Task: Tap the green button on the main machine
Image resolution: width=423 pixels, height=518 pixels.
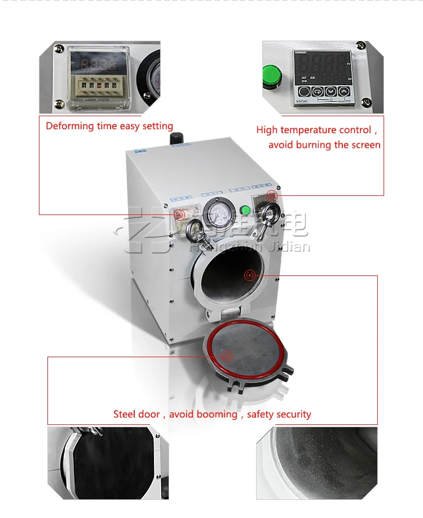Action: [x=245, y=211]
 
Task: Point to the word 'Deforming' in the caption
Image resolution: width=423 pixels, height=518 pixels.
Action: [x=69, y=126]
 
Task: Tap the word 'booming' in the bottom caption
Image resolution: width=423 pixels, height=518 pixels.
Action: [x=214, y=414]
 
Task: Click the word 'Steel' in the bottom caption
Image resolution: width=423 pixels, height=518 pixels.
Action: [x=125, y=414]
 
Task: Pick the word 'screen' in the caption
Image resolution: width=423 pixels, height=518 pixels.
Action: [x=365, y=145]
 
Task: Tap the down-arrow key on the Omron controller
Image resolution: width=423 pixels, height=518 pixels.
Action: [x=330, y=92]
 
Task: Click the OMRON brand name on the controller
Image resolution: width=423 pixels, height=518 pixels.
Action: [x=299, y=53]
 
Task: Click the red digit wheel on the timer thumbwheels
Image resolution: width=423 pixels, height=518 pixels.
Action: [x=99, y=85]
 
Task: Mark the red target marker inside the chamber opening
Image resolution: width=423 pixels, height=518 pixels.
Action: [x=248, y=275]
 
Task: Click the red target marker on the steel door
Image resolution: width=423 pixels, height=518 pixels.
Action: [x=226, y=356]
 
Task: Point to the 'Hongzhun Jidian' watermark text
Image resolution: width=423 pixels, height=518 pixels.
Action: [x=250, y=247]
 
